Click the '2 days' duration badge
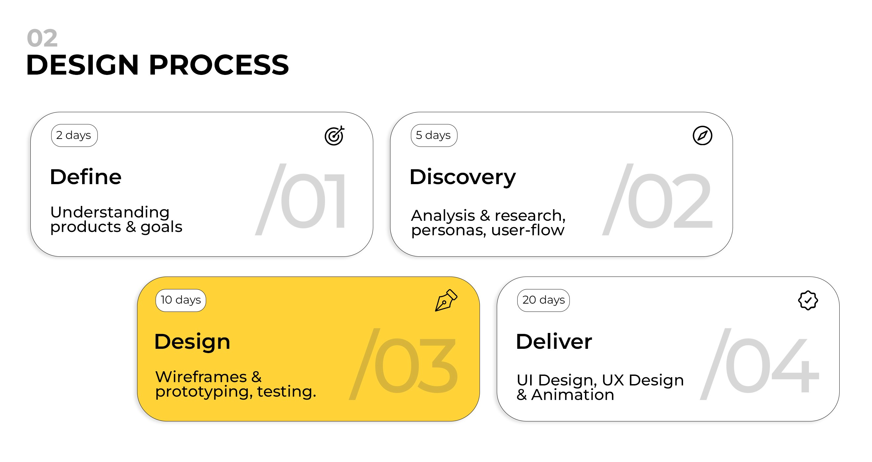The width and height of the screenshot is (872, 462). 74,135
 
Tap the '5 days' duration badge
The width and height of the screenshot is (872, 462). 434,135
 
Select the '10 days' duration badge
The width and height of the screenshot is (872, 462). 180,300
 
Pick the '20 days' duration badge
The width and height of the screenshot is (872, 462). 543,300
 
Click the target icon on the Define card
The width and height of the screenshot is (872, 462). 334,136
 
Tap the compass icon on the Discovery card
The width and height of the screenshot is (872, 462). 702,136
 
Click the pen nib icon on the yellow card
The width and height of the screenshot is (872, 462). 446,300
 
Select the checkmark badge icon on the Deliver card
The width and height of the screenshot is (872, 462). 808,300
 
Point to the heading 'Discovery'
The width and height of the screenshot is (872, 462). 462,178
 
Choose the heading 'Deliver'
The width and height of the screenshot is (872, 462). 554,341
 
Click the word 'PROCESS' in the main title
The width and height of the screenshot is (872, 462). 219,65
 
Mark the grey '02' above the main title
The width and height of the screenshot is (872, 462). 42,38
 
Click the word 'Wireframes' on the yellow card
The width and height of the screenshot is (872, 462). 201,377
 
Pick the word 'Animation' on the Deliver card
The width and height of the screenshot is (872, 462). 572,395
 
